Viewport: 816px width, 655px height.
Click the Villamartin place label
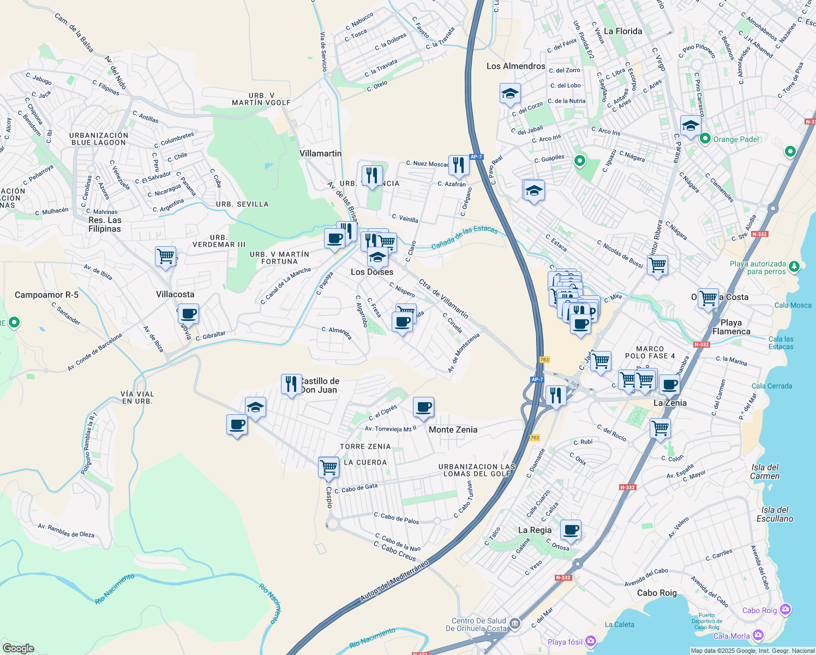coord(320,153)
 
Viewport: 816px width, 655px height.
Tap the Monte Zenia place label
coord(453,430)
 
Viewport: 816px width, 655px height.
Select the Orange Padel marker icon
coord(705,139)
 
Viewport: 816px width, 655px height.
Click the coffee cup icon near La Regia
coord(571,529)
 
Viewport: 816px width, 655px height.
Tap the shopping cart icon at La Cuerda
coord(328,467)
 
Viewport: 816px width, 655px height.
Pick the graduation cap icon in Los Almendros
coord(510,94)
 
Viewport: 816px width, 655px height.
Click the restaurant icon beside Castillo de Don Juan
coord(291,384)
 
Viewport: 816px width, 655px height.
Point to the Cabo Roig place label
coord(657,593)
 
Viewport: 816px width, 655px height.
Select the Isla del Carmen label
coord(765,472)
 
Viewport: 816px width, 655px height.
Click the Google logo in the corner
coord(18,648)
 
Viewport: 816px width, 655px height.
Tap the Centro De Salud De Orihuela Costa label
coord(476,624)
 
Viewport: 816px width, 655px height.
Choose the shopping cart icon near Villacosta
coord(165,256)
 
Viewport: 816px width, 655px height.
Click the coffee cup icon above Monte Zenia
coord(423,407)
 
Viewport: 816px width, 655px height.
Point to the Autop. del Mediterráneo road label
coord(394,582)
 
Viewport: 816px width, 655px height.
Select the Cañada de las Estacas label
coord(464,238)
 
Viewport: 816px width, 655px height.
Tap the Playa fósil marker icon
coord(590,641)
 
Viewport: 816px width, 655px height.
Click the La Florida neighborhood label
coord(622,31)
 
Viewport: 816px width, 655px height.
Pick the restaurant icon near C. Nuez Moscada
coord(459,165)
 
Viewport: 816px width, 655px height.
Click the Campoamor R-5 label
coord(46,295)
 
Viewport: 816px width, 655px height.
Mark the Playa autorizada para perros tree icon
coord(794,266)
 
